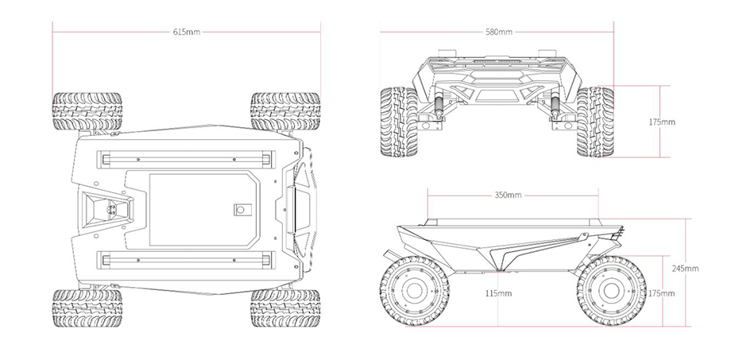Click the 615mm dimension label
(x=187, y=32)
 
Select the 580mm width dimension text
(x=499, y=32)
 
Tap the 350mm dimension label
(x=508, y=195)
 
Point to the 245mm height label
(x=685, y=269)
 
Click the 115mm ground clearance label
(x=498, y=293)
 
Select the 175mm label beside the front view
(x=662, y=122)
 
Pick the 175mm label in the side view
(x=661, y=293)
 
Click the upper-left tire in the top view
(x=87, y=111)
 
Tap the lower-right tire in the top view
(x=285, y=308)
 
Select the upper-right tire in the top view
(x=285, y=111)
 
